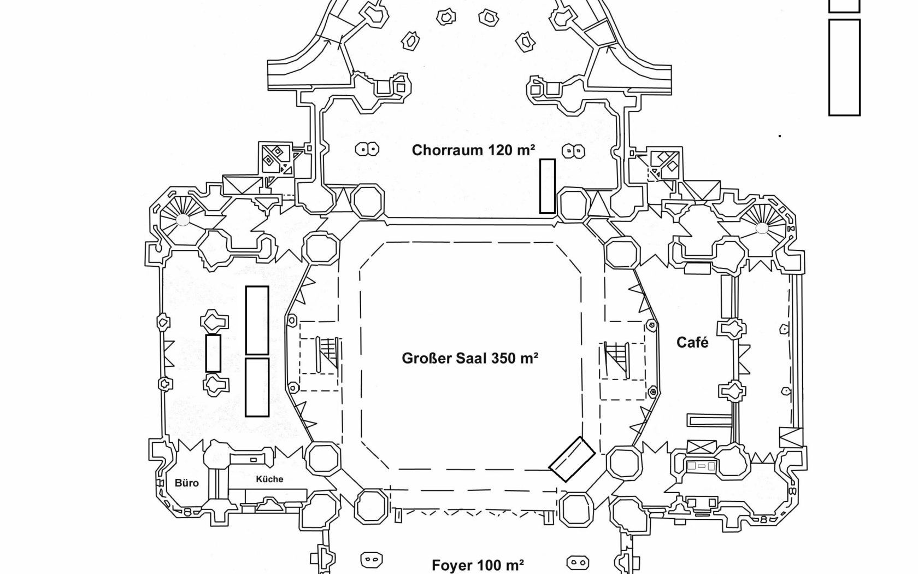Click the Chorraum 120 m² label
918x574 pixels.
coord(473,150)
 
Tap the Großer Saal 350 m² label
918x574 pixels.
coord(470,358)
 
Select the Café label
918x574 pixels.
coord(692,342)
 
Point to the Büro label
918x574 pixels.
coord(187,483)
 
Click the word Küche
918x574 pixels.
coord(269,479)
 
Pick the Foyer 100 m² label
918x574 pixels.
coord(478,565)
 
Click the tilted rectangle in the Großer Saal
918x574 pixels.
coord(572,459)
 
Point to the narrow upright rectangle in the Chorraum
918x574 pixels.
coord(548,186)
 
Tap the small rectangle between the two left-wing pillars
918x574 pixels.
coord(213,353)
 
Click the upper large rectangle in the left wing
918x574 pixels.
coord(257,320)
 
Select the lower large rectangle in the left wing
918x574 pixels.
coord(257,387)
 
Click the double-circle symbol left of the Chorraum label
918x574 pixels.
coord(367,149)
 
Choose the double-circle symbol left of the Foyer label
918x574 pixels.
coord(372,559)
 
